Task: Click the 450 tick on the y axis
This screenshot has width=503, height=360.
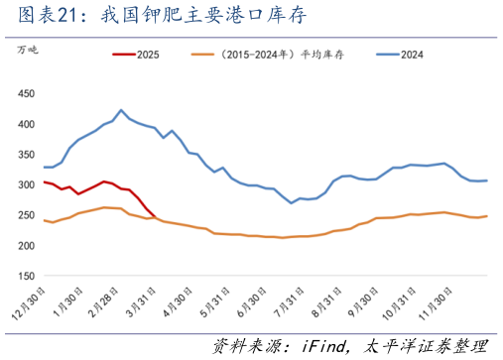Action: pyautogui.click(x=27, y=93)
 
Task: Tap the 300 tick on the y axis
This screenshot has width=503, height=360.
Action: pyautogui.click(x=27, y=184)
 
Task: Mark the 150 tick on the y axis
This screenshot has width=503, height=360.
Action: pyautogui.click(x=27, y=276)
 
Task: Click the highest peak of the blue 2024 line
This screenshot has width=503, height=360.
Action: pyautogui.click(x=121, y=110)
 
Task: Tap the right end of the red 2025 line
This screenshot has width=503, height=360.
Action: pyautogui.click(x=155, y=215)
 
